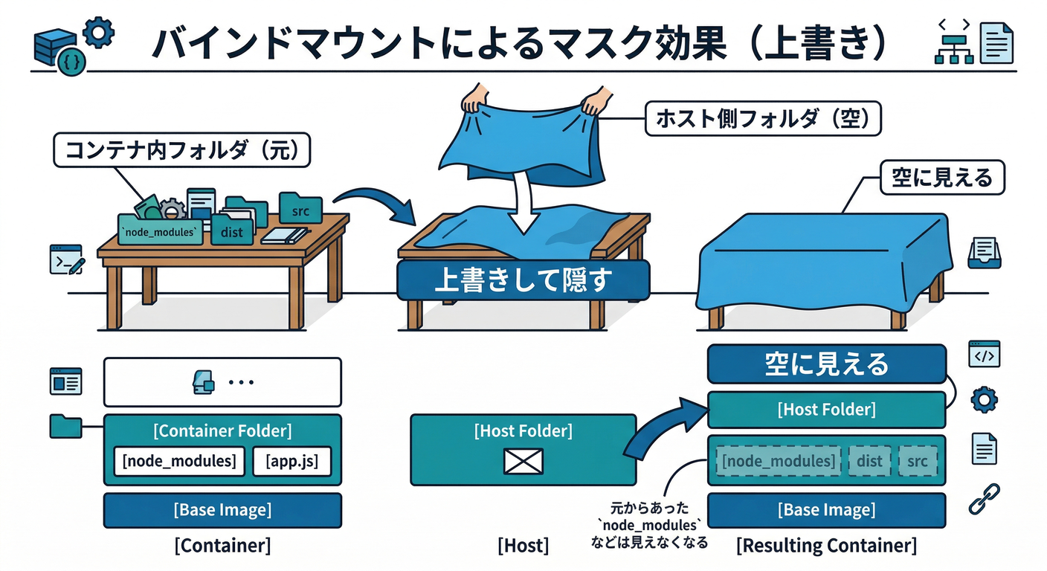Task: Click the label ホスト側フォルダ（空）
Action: pos(762,119)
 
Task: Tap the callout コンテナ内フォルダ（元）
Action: pos(181,151)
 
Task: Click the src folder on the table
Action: pos(300,210)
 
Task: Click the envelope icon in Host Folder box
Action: pos(523,461)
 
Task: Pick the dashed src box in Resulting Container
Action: pos(918,462)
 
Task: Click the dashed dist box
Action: pos(869,462)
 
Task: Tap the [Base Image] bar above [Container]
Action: pos(222,510)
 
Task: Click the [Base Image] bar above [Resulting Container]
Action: pos(826,510)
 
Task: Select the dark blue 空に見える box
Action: pos(826,364)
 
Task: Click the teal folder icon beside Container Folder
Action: pos(65,426)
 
